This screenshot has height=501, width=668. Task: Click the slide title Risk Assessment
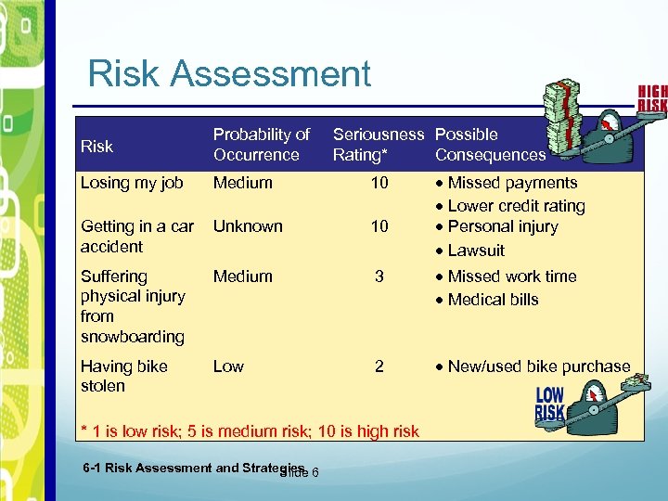pos(229,73)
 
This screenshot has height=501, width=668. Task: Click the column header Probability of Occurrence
pos(261,145)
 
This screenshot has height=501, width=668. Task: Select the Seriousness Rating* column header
pos(378,145)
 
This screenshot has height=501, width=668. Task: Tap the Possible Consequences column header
pos(490,145)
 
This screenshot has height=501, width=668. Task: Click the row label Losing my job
pos(132,183)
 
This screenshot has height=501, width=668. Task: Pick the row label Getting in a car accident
pos(137,237)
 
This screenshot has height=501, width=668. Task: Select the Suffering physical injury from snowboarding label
pos(133,306)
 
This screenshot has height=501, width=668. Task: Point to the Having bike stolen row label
pos(124,376)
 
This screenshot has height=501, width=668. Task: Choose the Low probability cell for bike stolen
pos(228,366)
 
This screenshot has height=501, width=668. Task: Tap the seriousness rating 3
pos(379,276)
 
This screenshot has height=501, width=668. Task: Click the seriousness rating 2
pos(379,366)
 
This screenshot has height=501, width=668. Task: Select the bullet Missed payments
pos(512,183)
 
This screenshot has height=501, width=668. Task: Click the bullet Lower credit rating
pos(516,206)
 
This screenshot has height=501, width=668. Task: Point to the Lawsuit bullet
pos(476,250)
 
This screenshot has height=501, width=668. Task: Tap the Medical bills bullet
pos(493,300)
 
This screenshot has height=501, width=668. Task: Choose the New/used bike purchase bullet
pos(538,366)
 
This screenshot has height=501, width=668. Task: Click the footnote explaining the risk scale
pos(250,430)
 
